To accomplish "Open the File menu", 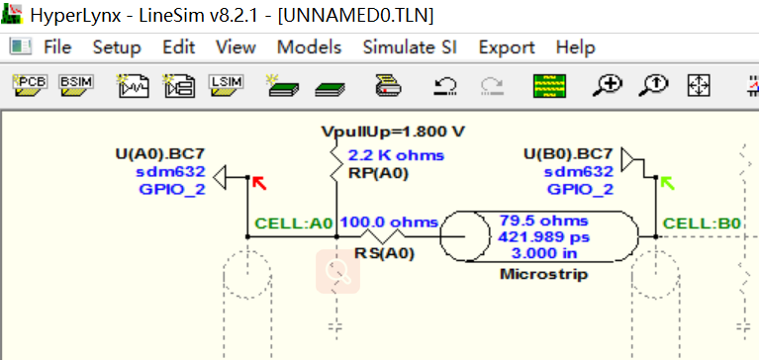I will pos(57,47).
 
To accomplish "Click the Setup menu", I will pos(117,47).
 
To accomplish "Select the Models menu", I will pos(309,47).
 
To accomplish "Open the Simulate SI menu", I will pos(410,47).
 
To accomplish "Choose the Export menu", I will pos(507,47).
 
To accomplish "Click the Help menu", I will pos(575,47).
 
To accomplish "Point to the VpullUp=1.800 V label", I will pos(393,132).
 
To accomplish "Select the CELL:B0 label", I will pos(702,223).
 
